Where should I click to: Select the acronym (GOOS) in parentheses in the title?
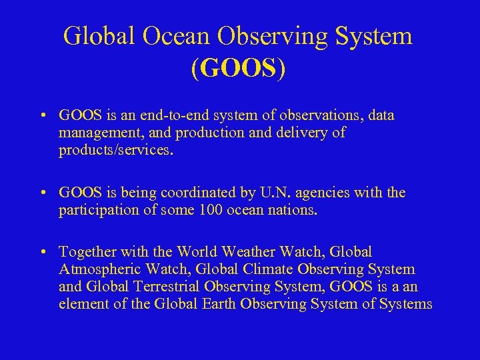tap(238, 69)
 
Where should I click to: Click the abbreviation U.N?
tap(281, 193)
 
